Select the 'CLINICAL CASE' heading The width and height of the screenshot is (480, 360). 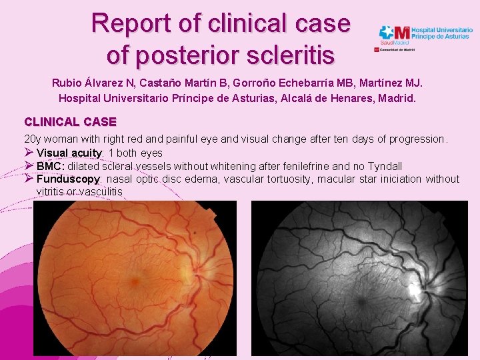point(70,122)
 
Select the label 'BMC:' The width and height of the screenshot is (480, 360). point(51,166)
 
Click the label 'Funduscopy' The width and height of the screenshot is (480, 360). point(68,179)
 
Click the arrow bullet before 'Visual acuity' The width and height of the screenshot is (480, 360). point(29,153)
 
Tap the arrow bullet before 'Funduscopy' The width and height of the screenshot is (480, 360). point(29,178)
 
